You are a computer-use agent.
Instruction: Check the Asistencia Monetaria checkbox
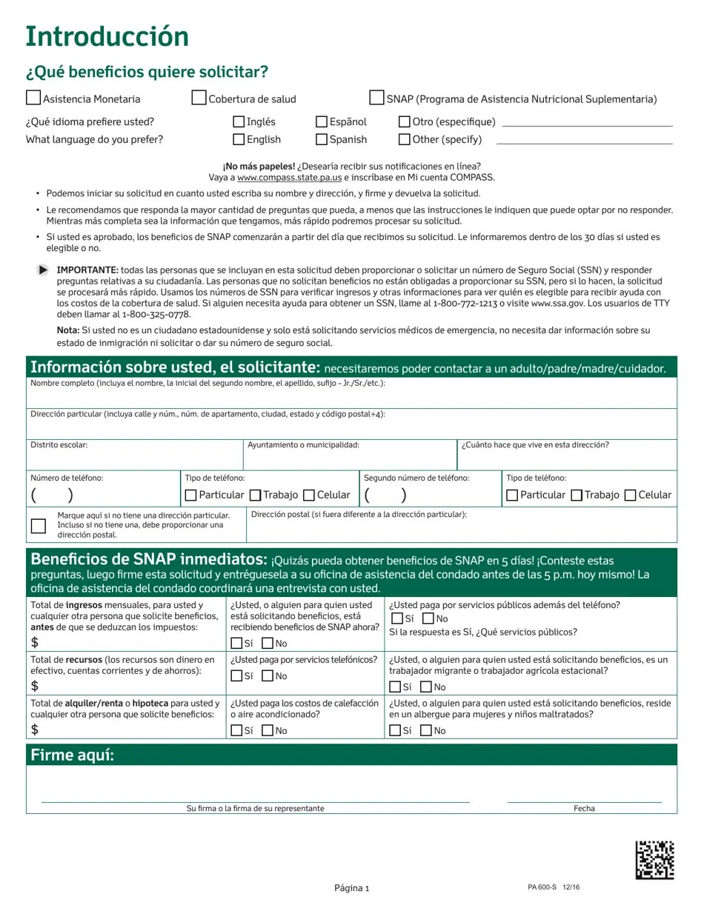coord(33,98)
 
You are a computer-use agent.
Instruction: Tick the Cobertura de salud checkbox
coord(199,98)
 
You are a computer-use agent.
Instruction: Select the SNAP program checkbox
coord(376,98)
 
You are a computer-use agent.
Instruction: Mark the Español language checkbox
coord(322,121)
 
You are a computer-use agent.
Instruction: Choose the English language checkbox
coord(239,139)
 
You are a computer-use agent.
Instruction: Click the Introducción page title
coord(107,36)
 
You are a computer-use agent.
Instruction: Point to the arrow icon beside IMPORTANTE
coord(44,270)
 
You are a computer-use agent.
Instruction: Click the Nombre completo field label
coord(207,384)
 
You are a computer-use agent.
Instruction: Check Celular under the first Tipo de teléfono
coord(310,495)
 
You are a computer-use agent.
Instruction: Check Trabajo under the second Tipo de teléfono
coord(577,495)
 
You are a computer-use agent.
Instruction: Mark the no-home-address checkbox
coord(39,526)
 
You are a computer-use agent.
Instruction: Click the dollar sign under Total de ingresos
coord(35,642)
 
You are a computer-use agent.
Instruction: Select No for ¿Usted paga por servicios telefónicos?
coord(268,675)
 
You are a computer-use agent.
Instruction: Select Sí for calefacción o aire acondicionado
coord(236,731)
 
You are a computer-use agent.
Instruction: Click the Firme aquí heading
coord(73,755)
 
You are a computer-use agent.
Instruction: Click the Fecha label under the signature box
coord(584,809)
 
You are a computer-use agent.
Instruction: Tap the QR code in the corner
coord(654,860)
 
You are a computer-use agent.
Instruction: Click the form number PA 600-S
coord(542,887)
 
